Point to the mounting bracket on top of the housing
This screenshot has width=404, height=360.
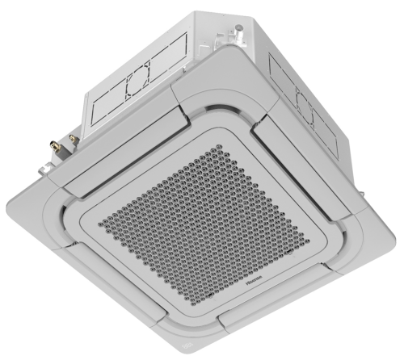pyautogui.click(x=235, y=33)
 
